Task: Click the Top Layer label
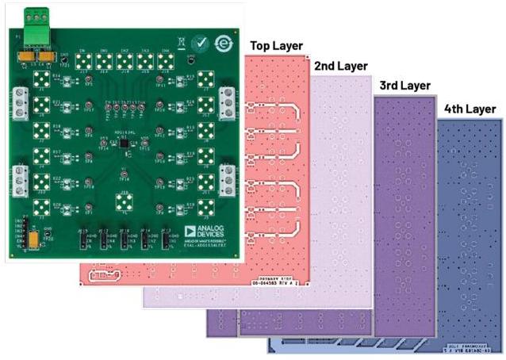tap(274, 46)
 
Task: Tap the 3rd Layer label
tap(404, 84)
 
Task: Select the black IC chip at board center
tap(123, 143)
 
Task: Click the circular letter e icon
tap(220, 43)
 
